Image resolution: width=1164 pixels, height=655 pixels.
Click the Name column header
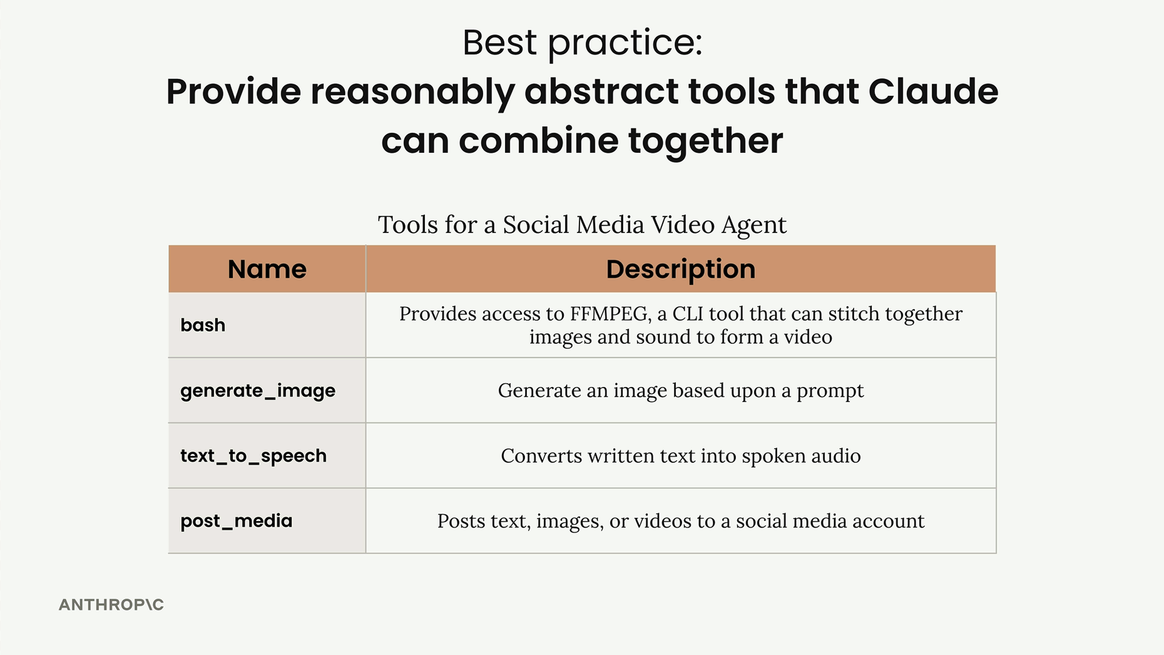[267, 269]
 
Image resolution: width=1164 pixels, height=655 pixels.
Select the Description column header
[681, 269]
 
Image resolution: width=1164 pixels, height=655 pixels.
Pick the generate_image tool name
[258, 391]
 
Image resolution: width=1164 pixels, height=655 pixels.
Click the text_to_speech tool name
[253, 456]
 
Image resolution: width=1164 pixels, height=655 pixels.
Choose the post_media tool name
[236, 521]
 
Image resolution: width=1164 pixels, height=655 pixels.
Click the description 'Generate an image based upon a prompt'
[681, 391]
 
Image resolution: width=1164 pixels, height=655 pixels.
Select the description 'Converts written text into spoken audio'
[681, 456]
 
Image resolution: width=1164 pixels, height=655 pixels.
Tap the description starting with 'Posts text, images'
[681, 522]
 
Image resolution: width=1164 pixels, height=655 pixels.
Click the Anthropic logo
[112, 605]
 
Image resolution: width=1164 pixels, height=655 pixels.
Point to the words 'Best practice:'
[583, 44]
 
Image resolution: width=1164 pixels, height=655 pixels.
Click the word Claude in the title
[933, 92]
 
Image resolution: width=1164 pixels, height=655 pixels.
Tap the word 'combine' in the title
[538, 141]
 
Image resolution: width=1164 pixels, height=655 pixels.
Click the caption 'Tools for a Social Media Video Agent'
[583, 226]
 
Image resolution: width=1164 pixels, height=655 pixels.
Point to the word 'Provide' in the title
[233, 92]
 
